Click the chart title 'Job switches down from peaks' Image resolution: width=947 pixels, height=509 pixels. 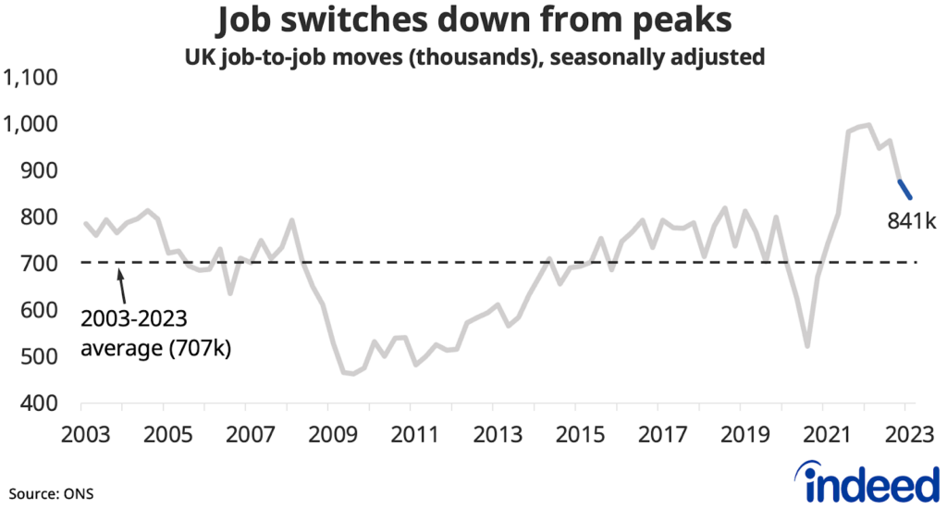point(473,20)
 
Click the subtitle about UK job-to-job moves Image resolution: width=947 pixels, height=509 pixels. point(473,56)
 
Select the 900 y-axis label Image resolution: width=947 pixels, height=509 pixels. point(41,171)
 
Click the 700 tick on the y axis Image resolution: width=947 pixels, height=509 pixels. point(41,264)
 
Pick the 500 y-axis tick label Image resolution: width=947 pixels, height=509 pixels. point(41,357)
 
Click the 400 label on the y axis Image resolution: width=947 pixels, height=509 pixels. point(41,403)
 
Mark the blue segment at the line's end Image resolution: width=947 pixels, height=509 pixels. point(905,189)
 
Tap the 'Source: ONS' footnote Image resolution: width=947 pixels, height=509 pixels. point(52,491)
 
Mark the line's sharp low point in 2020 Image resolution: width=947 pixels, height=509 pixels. point(807,347)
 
